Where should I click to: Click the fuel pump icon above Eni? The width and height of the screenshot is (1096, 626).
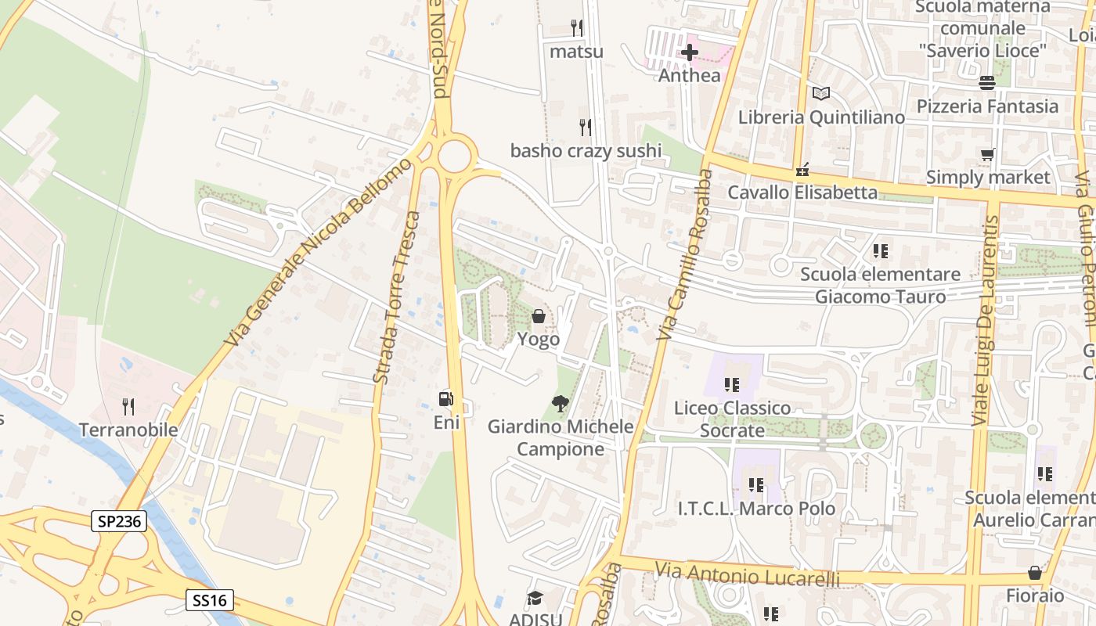click(445, 399)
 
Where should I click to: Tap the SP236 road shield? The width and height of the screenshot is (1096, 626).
click(119, 521)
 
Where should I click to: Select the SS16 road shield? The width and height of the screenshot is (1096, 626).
click(211, 600)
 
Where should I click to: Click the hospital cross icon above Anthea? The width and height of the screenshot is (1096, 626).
click(690, 52)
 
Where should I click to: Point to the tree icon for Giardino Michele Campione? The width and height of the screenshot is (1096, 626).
click(560, 404)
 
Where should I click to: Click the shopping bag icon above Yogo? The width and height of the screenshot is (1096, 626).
click(539, 316)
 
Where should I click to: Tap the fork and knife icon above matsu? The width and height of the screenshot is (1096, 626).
click(577, 28)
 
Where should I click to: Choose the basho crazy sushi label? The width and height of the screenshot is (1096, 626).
click(586, 150)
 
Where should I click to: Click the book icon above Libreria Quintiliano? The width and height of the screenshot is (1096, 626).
click(820, 94)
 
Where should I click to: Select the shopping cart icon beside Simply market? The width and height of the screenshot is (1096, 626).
click(988, 155)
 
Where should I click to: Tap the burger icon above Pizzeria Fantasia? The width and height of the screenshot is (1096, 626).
click(986, 82)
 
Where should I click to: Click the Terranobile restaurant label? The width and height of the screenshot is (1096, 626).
click(128, 430)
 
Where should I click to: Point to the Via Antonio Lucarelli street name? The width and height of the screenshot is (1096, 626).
click(748, 576)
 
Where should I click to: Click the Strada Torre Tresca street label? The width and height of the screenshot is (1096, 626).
click(397, 297)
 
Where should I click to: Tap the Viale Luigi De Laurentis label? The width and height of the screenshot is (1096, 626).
click(983, 321)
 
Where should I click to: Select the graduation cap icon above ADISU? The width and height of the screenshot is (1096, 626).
click(535, 599)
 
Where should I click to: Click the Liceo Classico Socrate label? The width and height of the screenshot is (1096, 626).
click(733, 419)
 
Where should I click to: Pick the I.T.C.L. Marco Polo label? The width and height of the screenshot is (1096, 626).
click(756, 508)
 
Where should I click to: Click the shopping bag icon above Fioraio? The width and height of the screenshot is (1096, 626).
click(1035, 573)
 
